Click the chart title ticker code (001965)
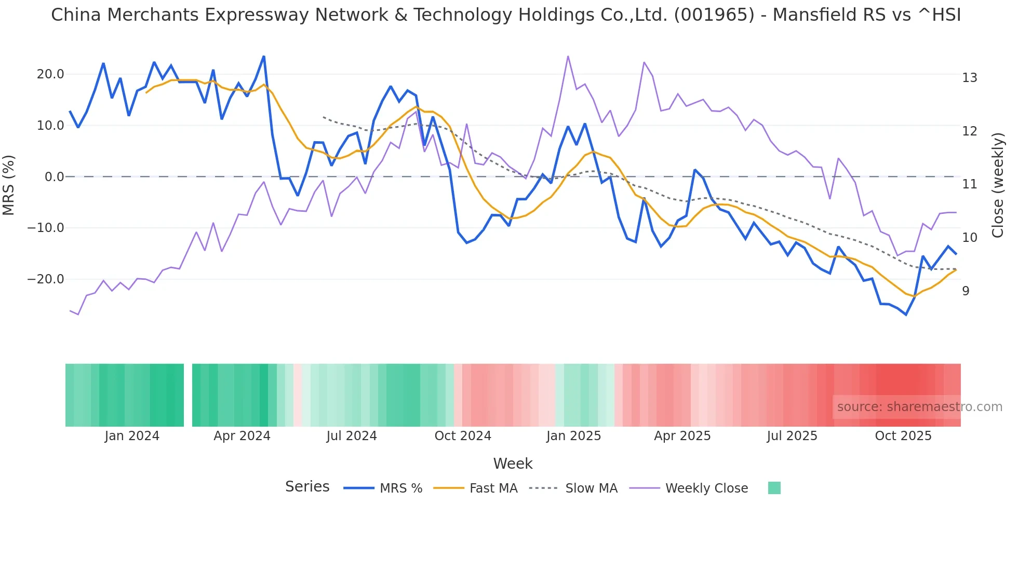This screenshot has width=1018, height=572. (x=714, y=15)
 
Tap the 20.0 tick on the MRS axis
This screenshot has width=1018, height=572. (x=50, y=74)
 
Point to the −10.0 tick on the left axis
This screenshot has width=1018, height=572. (x=46, y=228)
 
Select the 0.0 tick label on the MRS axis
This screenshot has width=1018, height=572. (x=55, y=177)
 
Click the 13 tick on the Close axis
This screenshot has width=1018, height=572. (x=969, y=78)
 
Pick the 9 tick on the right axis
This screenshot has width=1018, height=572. (x=966, y=291)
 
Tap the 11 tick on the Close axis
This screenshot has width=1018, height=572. (x=969, y=184)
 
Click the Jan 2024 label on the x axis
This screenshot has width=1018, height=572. (x=132, y=436)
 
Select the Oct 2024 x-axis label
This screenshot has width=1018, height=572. (x=463, y=436)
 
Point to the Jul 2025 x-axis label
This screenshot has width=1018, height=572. (x=792, y=436)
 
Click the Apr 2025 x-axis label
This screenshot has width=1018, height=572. (x=682, y=436)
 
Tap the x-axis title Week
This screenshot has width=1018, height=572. (x=513, y=464)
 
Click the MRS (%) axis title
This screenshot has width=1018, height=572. (x=9, y=185)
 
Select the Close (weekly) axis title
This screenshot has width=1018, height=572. (x=998, y=185)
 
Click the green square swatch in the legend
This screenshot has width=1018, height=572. (x=774, y=488)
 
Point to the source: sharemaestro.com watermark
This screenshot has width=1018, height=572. (x=919, y=407)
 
